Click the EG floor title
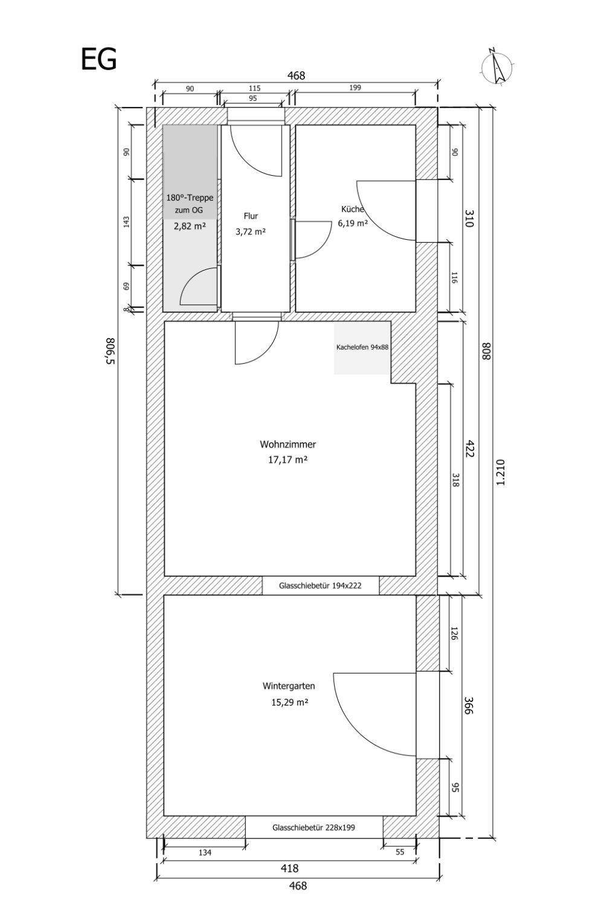pos(98,59)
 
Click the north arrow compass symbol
pos(498,66)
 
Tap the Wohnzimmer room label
pos(288,445)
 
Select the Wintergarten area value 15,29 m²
pos(290,702)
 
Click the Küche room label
pos(353,209)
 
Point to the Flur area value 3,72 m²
pos(251,232)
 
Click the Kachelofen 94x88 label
pos(362,347)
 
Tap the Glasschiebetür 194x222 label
pos(320,585)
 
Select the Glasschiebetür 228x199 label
pos(313,827)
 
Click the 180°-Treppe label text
pos(190,198)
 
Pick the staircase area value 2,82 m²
pos(190,226)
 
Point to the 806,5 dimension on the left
pos(111,351)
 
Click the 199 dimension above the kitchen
pos(355,88)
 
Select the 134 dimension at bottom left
pos(205,853)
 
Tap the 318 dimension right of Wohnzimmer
pos(455,480)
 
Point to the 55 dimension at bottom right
pos(400,853)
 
